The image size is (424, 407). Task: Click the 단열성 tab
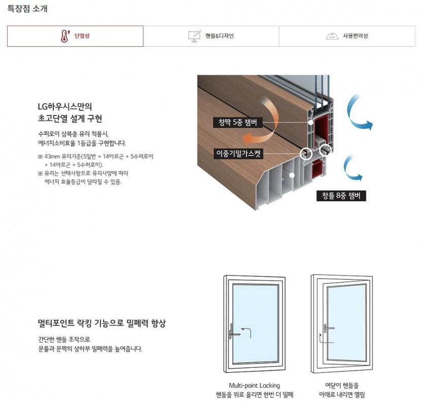[x=75, y=36]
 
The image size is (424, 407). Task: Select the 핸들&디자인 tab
[x=211, y=36]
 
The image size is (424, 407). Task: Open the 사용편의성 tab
[x=347, y=36]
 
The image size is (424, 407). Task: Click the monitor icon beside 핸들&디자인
[x=194, y=36]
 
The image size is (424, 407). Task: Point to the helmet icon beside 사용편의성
[x=332, y=36]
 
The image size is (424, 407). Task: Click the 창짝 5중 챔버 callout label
[x=238, y=123]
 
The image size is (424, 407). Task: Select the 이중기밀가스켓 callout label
[x=238, y=154]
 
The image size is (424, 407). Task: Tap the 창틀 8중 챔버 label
[x=341, y=196]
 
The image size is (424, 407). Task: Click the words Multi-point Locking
[x=254, y=385]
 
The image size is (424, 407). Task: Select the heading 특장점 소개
[x=27, y=9]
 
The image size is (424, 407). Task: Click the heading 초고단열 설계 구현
[x=70, y=119]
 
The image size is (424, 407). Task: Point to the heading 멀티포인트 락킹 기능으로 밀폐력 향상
[x=102, y=323]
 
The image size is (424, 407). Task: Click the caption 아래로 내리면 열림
[x=342, y=394]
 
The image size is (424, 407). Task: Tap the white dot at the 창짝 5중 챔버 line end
[x=311, y=123]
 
